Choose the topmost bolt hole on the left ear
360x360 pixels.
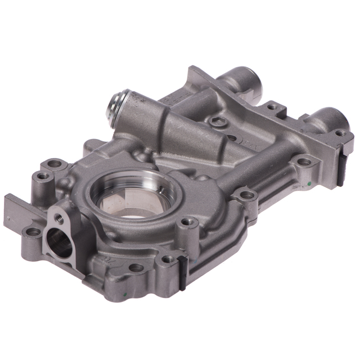pyautogui.click(x=55, y=164)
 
